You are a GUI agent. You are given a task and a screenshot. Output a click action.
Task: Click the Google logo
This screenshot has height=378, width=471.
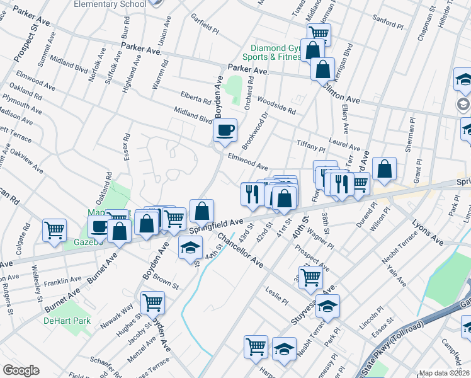21,370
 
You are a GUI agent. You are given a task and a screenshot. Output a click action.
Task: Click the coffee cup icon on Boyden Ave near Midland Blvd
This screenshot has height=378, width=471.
225,130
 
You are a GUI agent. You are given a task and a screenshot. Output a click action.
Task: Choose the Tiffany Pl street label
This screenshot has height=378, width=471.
310,147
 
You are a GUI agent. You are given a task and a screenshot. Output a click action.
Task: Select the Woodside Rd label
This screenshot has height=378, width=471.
276,105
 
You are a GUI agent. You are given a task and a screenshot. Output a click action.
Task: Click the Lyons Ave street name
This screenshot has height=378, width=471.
410,229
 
